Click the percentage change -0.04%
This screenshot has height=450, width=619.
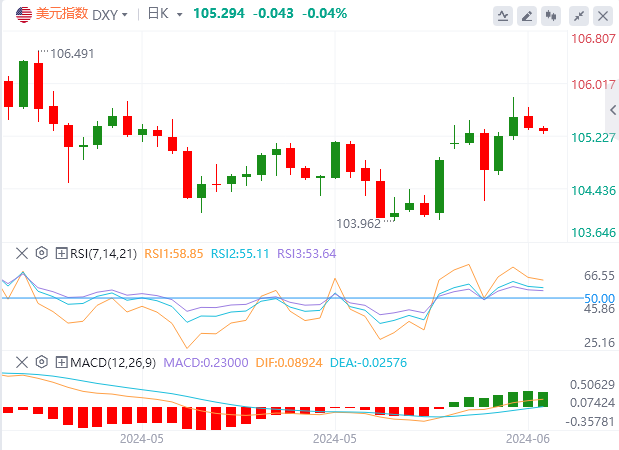tap(323, 14)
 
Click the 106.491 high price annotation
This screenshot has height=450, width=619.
tap(70, 54)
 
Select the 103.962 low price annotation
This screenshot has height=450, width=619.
tap(358, 223)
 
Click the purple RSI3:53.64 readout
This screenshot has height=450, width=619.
tap(308, 253)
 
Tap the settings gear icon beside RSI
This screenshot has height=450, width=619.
tap(42, 253)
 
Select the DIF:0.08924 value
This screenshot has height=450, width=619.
tap(287, 361)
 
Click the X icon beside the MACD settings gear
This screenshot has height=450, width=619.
tap(22, 361)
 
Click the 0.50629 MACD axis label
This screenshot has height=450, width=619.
tap(590, 384)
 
